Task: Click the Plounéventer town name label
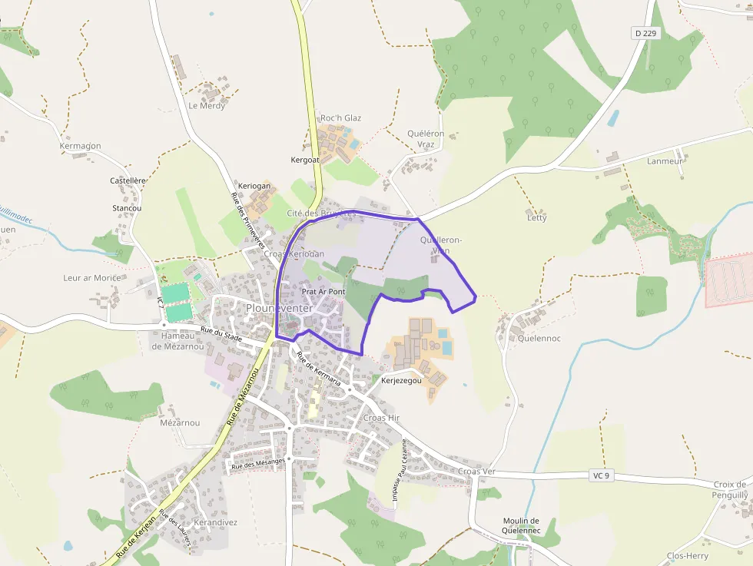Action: (279, 308)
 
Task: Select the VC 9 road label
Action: (601, 476)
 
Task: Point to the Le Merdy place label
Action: (207, 106)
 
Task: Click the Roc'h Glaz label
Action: (340, 118)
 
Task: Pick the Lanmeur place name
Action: (665, 161)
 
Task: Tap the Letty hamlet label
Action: (537, 218)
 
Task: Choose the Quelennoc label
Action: (539, 338)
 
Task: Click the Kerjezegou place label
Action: (401, 380)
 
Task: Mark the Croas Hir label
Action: (382, 418)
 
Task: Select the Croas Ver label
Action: (477, 471)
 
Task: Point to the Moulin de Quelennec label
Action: (522, 525)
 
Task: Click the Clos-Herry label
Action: (688, 556)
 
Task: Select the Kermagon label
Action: (81, 146)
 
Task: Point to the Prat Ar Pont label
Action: (323, 292)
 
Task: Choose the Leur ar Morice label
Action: (92, 277)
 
